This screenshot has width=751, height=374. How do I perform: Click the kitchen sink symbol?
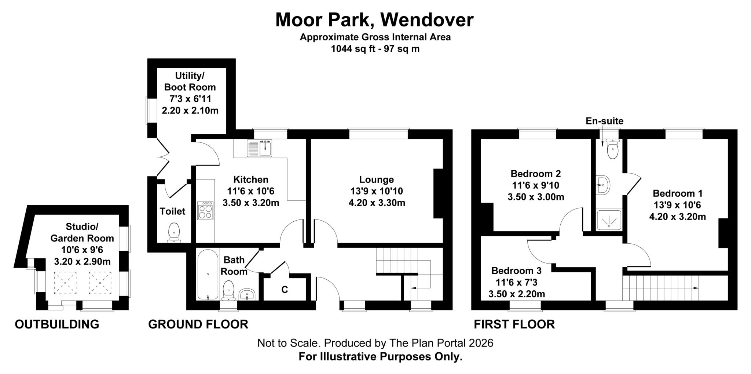coord(260,148)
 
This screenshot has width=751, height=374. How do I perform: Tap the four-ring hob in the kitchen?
coord(205,211)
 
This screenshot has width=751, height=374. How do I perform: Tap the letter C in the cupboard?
coord(285,290)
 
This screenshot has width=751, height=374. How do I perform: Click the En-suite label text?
coord(604,121)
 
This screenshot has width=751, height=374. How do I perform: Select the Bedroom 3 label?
coord(516,271)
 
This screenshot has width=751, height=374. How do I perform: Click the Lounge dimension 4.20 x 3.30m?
coord(377,203)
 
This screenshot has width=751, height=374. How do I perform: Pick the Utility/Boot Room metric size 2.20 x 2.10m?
coord(190,110)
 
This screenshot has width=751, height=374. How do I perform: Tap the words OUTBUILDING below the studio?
coord(57,324)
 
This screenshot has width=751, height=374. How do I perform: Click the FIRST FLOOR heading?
coord(514,324)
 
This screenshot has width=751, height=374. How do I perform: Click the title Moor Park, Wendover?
coord(374,20)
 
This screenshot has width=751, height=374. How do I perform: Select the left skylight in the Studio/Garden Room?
coord(65,283)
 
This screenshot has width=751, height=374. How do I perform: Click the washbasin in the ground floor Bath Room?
coord(247,294)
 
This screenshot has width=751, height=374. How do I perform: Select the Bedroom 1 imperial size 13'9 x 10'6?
coord(677,205)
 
